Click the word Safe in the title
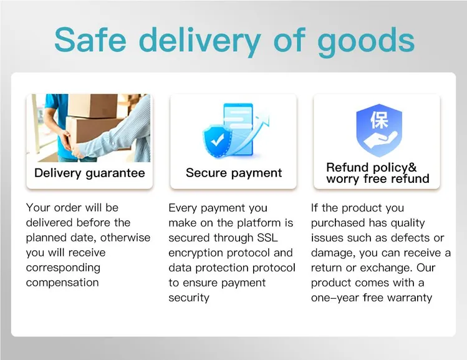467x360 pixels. pos(90,40)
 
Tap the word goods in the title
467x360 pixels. pos(366,42)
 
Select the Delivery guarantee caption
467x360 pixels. pos(90,173)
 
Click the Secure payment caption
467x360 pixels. pos(234,173)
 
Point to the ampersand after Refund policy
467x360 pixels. pos(412,167)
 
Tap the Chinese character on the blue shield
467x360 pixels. pos(379,120)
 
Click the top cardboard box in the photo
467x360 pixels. pos(93,106)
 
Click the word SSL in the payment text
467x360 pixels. pos(267,238)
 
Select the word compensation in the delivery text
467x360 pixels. pos(62,283)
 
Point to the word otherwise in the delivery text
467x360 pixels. pos(125,238)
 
